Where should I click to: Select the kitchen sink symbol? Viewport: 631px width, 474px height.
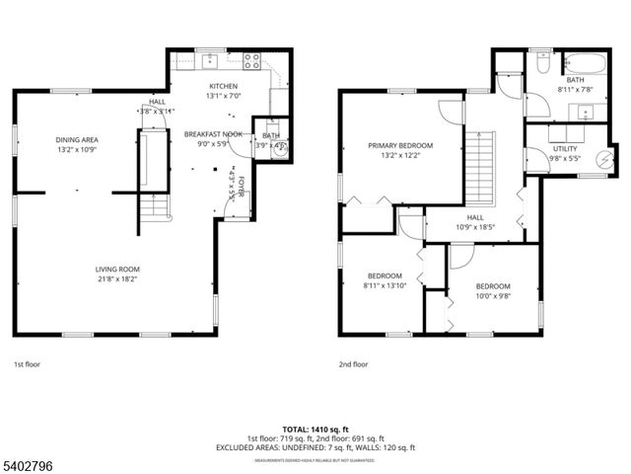pyautogui.click(x=210, y=62)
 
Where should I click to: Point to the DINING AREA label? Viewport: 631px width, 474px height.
pyautogui.click(x=76, y=139)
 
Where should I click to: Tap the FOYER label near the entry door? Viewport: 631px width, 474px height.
pyautogui.click(x=240, y=186)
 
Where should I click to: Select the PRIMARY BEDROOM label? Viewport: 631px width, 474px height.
pyautogui.click(x=400, y=145)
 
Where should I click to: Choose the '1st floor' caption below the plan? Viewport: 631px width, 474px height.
pyautogui.click(x=27, y=363)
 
